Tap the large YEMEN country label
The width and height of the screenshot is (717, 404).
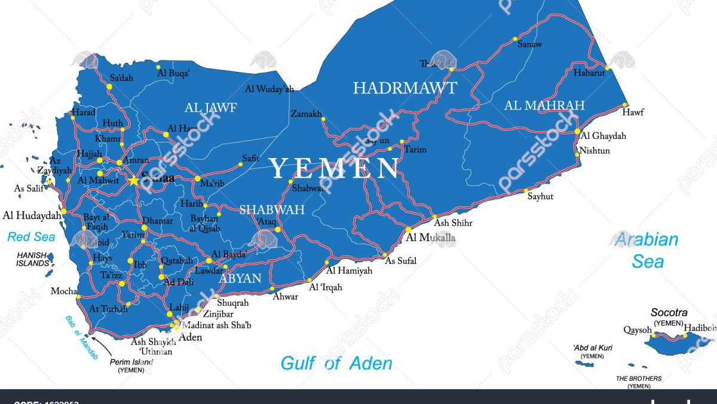click(x=334, y=169)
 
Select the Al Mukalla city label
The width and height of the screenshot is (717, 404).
click(x=430, y=238)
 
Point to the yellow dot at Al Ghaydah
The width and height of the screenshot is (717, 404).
click(x=577, y=131)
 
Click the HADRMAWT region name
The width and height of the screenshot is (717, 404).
click(x=405, y=89)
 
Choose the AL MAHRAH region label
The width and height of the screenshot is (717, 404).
click(x=544, y=106)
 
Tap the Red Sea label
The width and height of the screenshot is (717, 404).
click(x=31, y=237)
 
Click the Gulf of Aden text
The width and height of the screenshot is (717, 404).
click(x=336, y=363)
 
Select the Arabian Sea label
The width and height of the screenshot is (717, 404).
click(x=647, y=250)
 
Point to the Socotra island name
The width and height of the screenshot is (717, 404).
click(x=669, y=312)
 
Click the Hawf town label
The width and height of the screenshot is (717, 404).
click(x=633, y=112)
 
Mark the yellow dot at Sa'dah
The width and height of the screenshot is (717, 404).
click(x=109, y=87)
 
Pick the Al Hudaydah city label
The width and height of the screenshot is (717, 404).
click(x=32, y=215)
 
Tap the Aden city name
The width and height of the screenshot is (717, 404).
click(x=191, y=337)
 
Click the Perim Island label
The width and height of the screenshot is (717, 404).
click(x=131, y=362)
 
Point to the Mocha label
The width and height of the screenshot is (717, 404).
click(x=63, y=291)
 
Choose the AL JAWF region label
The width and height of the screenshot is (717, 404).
click(x=210, y=108)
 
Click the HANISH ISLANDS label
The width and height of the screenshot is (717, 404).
click(x=32, y=259)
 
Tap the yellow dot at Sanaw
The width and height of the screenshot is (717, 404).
click(x=514, y=40)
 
